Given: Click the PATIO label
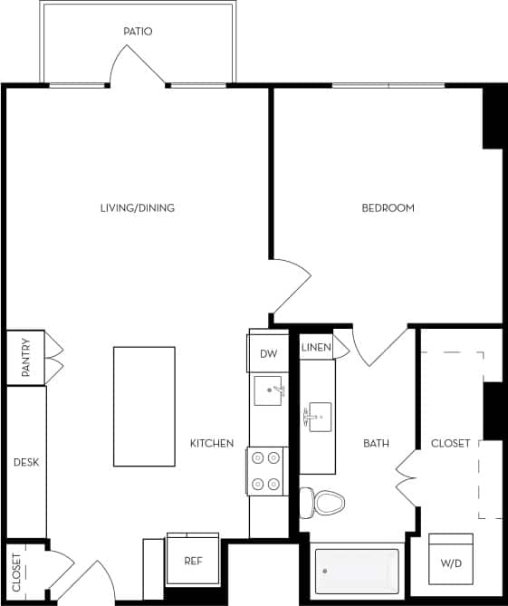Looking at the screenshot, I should pos(138,32).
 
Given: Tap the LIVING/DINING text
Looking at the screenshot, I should pos(138,208).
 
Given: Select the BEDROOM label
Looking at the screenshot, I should pos(388,208).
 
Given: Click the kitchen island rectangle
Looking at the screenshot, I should pos(144,407).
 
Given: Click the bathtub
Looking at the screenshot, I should pos(355,570).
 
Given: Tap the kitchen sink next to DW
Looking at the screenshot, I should pos(269,393).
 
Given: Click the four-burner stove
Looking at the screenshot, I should pos(266,471).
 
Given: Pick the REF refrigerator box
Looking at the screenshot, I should pos(193,561).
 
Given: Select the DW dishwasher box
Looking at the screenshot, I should pos(268,354).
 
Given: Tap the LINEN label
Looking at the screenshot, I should pos(315,347).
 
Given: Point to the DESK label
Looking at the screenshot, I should pos(26,462).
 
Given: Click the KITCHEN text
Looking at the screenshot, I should pos(212,444).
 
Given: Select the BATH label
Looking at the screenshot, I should pos(376,444).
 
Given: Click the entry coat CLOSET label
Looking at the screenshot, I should pos(17,572).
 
